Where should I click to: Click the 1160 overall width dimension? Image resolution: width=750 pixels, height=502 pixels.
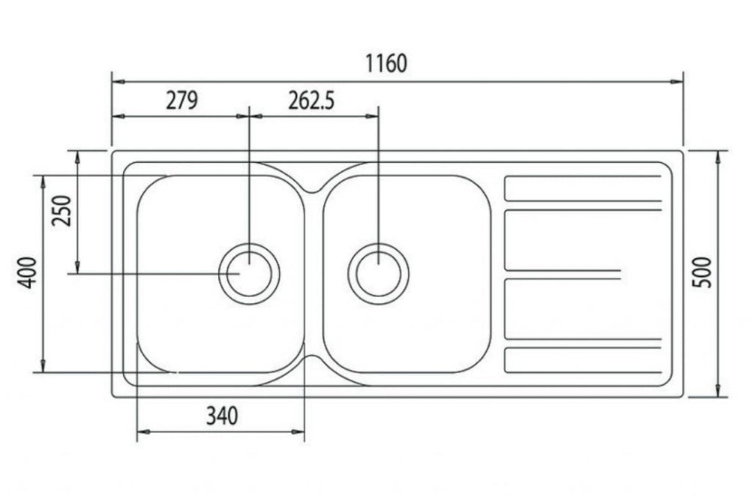pos(386,64)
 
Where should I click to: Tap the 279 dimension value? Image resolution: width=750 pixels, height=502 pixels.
pos(181,101)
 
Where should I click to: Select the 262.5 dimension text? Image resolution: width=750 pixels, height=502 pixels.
pos(311,101)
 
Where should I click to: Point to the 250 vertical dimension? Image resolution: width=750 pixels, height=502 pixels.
pos(62,211)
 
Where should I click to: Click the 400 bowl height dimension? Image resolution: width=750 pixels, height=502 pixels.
pos(27,273)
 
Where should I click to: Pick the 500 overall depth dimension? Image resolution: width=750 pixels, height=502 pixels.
pos(703,272)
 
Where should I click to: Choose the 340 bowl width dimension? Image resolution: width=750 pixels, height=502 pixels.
pos(222,416)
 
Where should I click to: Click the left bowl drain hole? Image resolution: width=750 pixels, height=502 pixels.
pos(249,274)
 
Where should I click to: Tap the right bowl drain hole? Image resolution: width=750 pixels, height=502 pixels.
pos(378,274)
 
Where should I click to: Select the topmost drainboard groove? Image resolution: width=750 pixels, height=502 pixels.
pos(583,188)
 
